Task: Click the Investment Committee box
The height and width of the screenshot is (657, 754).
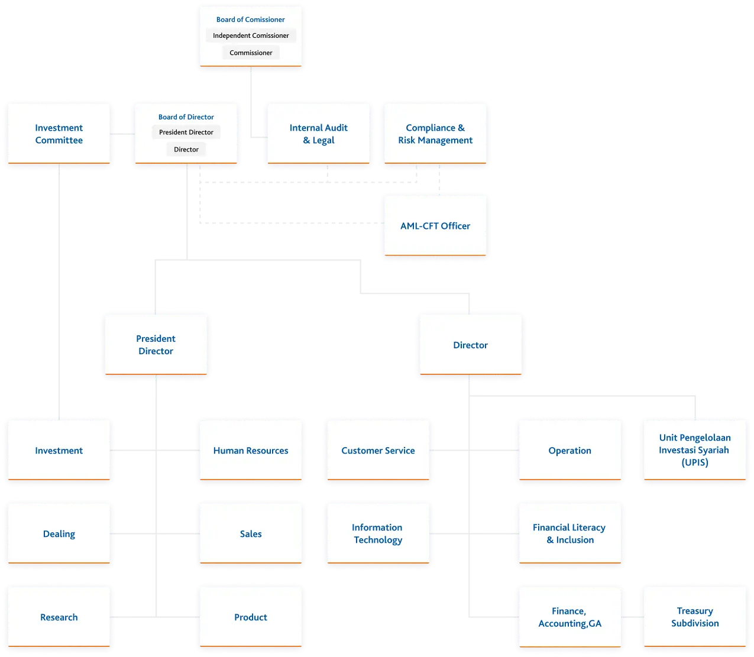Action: point(59,134)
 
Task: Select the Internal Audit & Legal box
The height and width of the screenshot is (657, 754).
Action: point(318,134)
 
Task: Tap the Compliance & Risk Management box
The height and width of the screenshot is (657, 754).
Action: point(435,134)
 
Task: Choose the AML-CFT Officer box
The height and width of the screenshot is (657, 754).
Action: point(435,226)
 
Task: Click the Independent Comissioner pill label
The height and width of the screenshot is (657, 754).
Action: point(251,35)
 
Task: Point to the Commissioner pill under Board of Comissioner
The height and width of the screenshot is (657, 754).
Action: point(251,53)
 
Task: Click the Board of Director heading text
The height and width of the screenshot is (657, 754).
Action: point(186,117)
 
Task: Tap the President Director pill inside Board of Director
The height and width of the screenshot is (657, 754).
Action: point(186,132)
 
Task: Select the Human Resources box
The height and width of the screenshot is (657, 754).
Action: point(251,451)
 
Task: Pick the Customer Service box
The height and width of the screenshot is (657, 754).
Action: point(378,451)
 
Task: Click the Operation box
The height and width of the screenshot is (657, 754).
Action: point(569,451)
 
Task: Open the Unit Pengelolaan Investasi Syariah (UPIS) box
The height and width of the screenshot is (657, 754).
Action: point(695,450)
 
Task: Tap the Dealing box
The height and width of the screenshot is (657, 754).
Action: point(59,534)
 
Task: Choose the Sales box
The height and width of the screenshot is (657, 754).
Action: point(251,534)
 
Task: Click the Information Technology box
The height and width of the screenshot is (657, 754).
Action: point(378,533)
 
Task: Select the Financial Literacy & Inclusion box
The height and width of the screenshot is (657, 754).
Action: point(569,533)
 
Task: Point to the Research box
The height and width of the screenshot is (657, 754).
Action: point(59,617)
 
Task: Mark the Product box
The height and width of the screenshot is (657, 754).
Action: point(251,617)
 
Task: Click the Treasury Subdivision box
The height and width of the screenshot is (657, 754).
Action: point(695,617)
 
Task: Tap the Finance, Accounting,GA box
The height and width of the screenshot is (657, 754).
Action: point(569,617)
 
